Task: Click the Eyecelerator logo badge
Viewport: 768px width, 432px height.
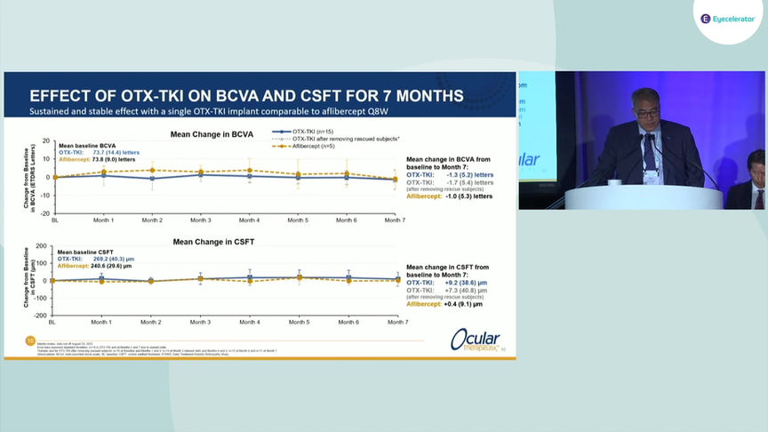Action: (x=727, y=19)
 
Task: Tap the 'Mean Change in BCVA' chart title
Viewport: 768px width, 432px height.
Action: (x=212, y=134)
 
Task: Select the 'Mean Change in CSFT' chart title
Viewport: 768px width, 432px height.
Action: (x=212, y=242)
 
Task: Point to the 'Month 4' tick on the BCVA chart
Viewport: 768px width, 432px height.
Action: (x=250, y=219)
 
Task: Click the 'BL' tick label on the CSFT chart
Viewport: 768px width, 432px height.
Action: (x=54, y=322)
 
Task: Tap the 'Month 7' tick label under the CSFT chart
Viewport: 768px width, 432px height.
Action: (x=396, y=322)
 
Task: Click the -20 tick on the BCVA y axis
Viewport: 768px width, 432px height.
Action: (x=45, y=214)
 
